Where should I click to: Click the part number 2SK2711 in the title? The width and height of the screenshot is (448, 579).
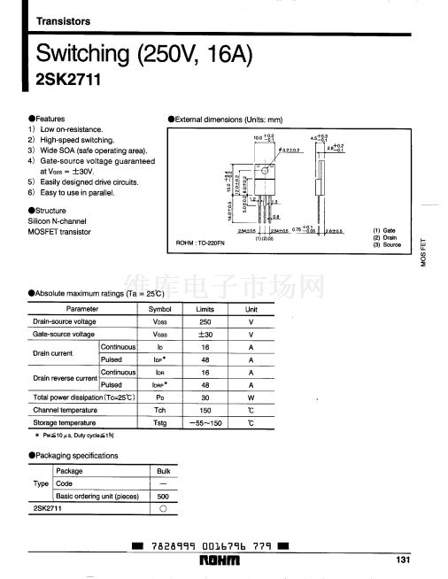pos(68,81)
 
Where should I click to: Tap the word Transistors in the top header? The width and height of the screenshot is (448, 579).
pos(63,20)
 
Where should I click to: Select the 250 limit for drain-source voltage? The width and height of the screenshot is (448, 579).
pos(205,321)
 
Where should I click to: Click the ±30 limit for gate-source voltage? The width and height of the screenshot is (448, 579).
pos(205,335)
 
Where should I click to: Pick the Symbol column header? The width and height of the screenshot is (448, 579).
pos(159,309)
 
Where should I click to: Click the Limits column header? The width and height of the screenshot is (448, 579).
pos(205,309)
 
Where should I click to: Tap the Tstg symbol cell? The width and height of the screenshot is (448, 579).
pos(159,424)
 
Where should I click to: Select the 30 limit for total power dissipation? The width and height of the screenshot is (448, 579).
pos(205,398)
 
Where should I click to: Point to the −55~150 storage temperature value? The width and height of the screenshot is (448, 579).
pos(205,424)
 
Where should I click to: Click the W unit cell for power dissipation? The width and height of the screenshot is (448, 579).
pos(251,398)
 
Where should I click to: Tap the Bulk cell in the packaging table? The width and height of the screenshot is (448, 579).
pos(162,472)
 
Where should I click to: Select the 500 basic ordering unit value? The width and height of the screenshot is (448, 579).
pos(162,497)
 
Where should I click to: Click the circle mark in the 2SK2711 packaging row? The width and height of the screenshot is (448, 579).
pos(162,510)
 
